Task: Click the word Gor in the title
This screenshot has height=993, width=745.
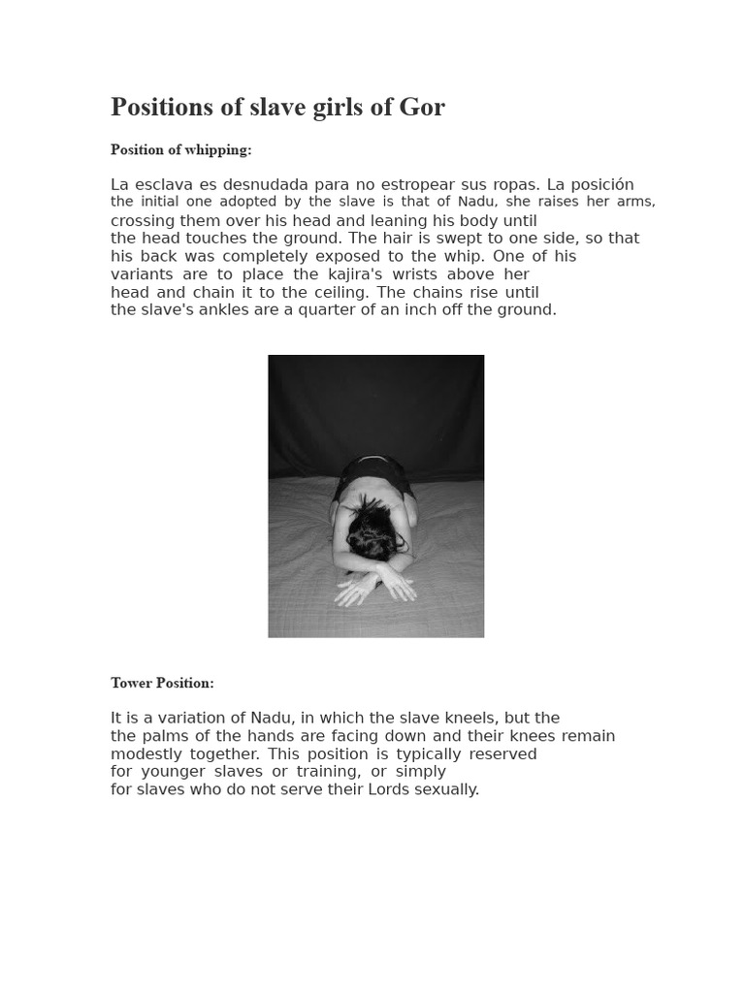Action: [421, 108]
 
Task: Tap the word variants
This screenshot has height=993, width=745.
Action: [141, 274]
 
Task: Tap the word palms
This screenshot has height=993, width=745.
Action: [163, 736]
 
